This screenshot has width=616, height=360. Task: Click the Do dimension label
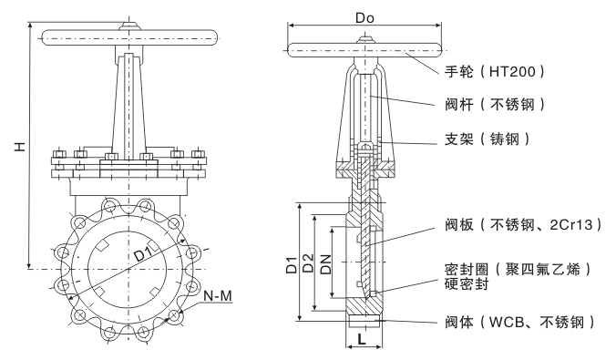(364, 17)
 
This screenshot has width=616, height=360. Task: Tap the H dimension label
(20, 146)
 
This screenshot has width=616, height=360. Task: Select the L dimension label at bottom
(362, 339)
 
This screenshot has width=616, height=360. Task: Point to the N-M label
(218, 295)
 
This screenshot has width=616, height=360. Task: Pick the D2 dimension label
(309, 263)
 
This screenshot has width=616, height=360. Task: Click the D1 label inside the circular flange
(144, 254)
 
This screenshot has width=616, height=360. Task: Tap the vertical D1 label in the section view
(291, 265)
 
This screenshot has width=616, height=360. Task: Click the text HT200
(512, 71)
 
